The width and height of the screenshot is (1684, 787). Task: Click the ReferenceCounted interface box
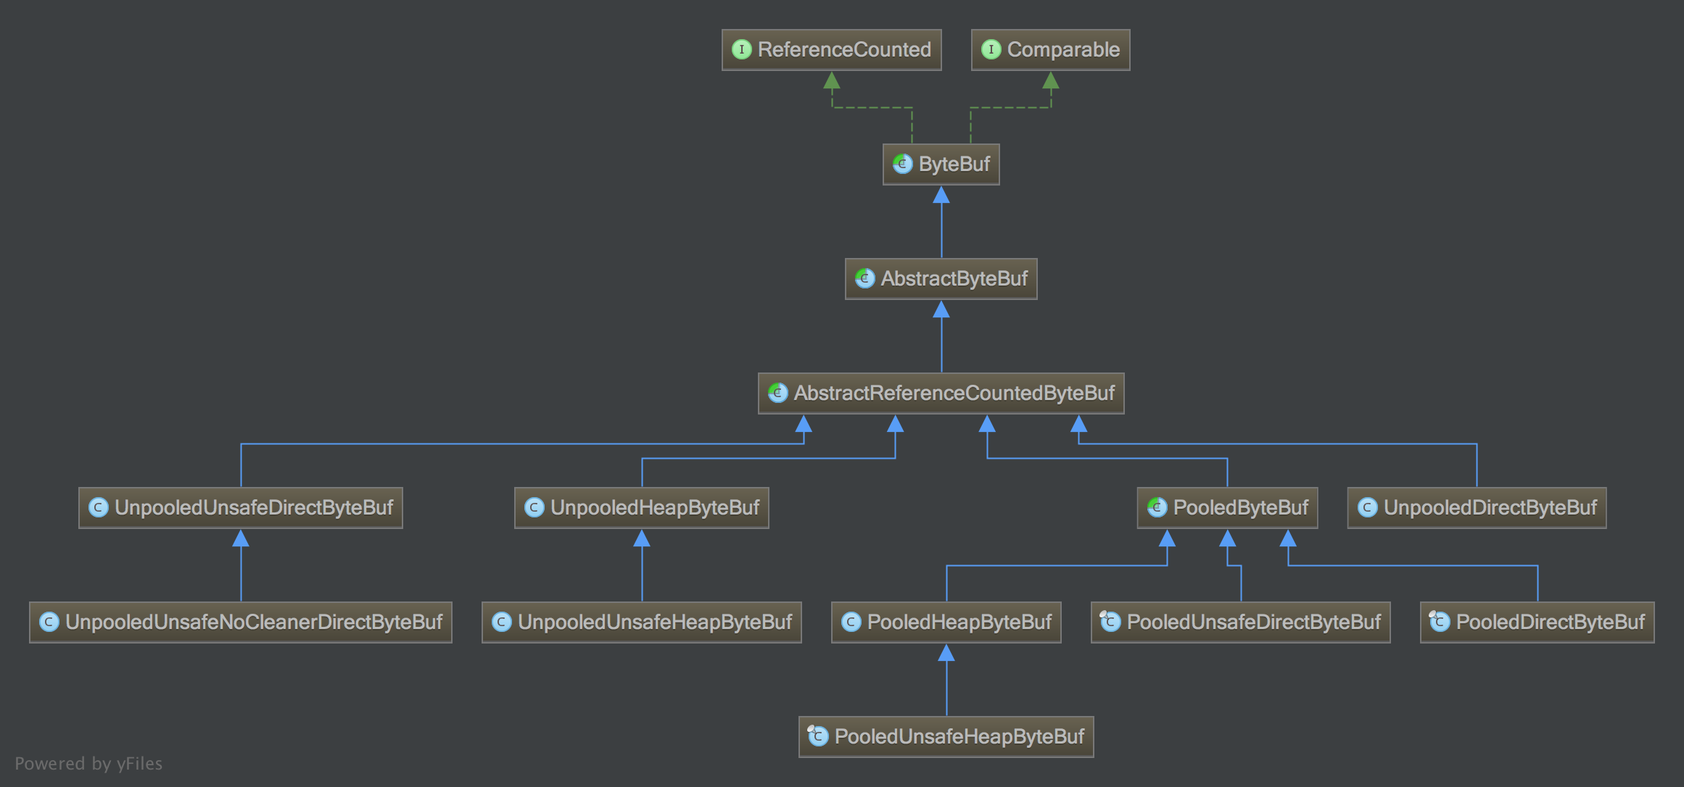831,50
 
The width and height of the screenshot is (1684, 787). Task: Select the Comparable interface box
1050,50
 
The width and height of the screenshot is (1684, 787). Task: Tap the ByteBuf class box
941,165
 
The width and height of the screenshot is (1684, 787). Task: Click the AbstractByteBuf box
941,279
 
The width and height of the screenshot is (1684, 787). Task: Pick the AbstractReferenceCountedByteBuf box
941,393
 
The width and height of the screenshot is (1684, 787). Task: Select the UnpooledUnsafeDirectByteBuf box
240,508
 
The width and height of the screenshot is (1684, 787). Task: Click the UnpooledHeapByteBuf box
641,508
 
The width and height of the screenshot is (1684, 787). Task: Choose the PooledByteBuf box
1227,508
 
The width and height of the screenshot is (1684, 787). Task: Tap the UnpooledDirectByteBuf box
1477,508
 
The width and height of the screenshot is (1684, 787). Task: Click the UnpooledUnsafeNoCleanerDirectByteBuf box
240,622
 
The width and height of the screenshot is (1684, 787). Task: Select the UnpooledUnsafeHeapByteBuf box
641,622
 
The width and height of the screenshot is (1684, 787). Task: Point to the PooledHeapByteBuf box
946,622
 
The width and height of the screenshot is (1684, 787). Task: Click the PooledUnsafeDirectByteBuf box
1240,622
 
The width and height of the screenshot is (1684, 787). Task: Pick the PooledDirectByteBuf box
1537,622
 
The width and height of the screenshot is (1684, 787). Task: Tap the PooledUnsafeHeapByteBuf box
946,737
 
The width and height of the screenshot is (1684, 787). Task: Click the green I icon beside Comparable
991,49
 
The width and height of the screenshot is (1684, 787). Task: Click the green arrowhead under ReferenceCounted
832,80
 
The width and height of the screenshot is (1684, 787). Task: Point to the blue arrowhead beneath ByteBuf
941,195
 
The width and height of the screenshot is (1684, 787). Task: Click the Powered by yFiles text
88,763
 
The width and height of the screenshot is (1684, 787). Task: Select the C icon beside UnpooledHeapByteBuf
534,507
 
